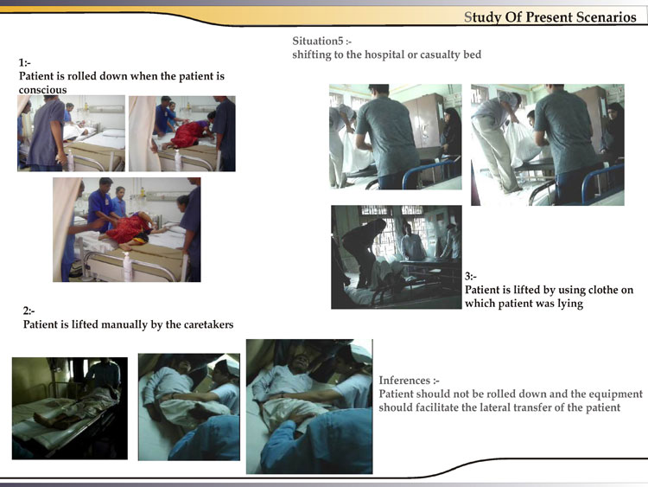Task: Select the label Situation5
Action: coord(318,41)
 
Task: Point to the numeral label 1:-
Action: coord(24,62)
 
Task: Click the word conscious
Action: coord(42,90)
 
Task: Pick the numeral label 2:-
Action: coord(29,311)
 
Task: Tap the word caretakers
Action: coord(208,324)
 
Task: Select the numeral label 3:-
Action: coord(471,276)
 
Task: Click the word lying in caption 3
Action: coord(570,304)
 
